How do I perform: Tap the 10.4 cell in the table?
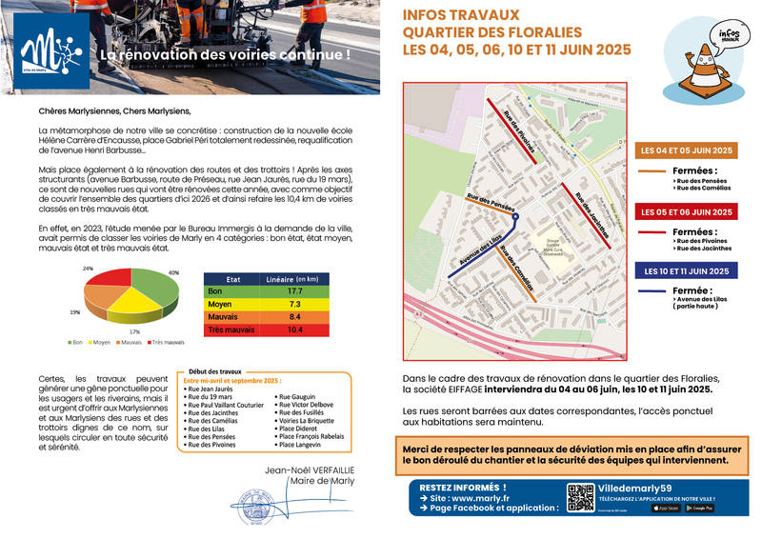(x=294, y=329)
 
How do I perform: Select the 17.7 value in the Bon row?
(x=294, y=290)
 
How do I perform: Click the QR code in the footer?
(x=580, y=498)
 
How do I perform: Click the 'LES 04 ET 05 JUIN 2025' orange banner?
(x=686, y=150)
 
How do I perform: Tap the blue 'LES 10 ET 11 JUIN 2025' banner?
(x=686, y=271)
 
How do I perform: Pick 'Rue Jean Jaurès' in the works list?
(x=212, y=388)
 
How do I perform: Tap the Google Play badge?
(x=698, y=508)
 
